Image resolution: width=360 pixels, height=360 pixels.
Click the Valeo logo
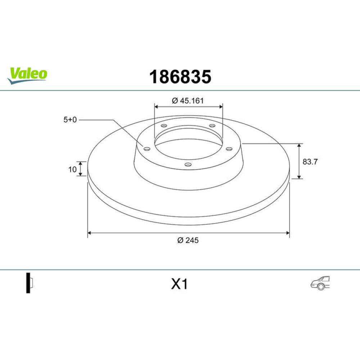click(27, 75)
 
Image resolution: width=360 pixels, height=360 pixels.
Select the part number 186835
click(180, 77)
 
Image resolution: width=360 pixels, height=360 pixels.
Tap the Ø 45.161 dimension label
click(188, 101)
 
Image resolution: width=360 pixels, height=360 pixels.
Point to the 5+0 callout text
click(70, 120)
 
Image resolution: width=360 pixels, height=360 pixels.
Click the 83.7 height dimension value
click(310, 162)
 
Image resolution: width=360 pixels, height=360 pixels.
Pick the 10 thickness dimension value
click(72, 170)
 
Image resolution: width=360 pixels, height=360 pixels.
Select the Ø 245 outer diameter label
click(188, 240)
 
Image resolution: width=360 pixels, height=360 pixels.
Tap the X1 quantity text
click(179, 284)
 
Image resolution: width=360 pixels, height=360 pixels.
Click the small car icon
click(320, 283)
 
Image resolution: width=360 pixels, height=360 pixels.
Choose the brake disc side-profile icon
click(30, 283)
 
